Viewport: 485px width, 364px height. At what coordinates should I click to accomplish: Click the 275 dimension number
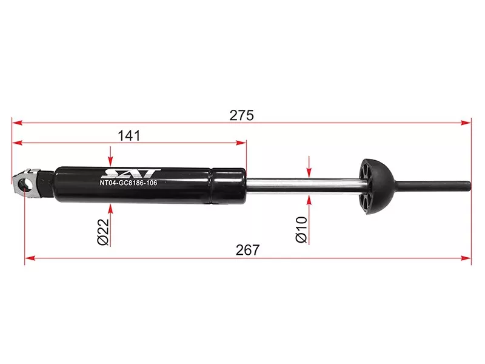click(241, 115)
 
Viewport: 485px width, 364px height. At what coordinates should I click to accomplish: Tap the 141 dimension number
click(129, 136)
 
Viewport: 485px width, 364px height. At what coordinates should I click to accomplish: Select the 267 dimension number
click(248, 250)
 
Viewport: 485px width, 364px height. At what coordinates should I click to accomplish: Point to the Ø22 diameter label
click(103, 232)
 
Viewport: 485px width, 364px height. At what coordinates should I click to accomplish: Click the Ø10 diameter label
click(301, 230)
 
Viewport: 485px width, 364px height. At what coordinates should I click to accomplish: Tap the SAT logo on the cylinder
click(132, 174)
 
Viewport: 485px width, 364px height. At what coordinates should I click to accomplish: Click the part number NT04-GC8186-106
click(129, 183)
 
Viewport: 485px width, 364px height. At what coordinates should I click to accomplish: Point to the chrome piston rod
click(303, 186)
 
